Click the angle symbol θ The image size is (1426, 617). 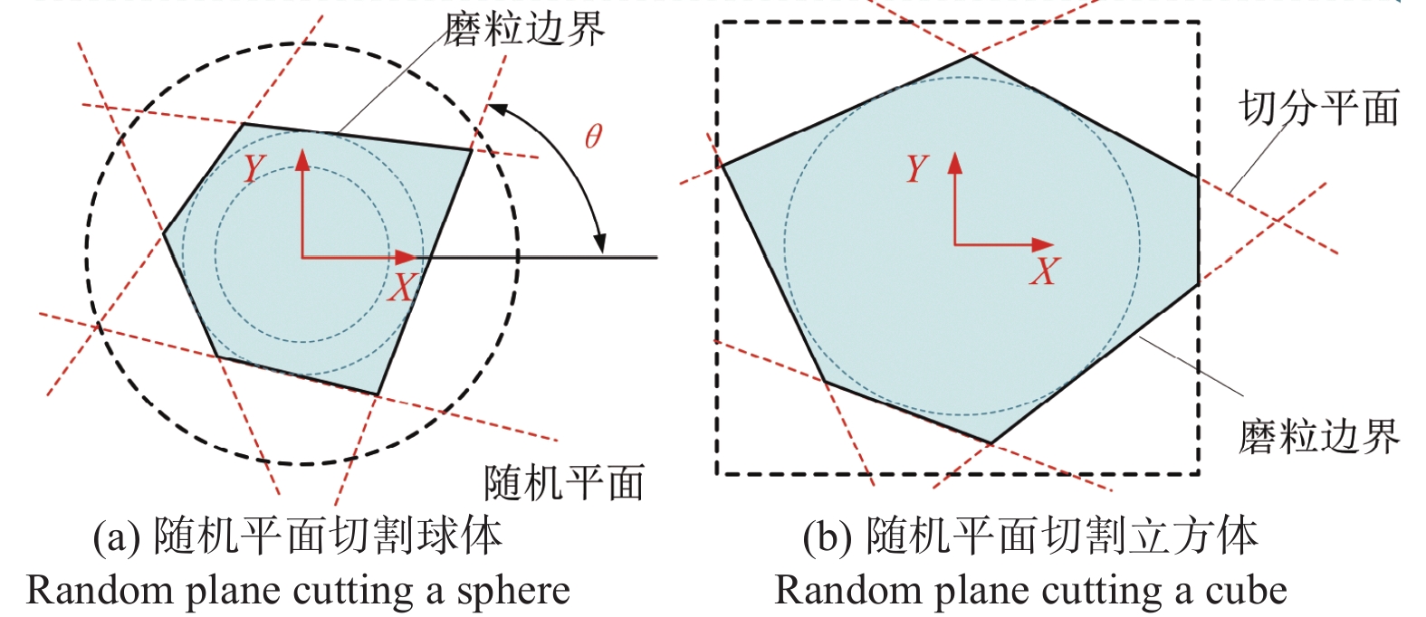point(593,137)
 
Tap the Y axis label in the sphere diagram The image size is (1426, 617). point(254,168)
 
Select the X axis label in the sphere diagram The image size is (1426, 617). point(401,288)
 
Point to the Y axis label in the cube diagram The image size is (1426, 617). point(917,168)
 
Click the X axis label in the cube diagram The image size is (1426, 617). point(1043,271)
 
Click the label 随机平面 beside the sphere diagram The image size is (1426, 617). point(563,482)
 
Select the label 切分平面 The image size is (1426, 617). point(1318,109)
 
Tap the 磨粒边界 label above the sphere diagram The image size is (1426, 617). point(523,30)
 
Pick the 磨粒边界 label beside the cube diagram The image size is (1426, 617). point(1318,437)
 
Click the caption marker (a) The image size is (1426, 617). point(117,536)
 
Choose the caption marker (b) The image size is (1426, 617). point(828,536)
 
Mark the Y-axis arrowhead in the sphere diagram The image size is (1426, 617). point(302,160)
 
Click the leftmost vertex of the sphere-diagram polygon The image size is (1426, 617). point(164,234)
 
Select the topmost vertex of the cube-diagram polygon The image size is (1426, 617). point(971,55)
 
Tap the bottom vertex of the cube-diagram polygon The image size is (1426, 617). point(991,443)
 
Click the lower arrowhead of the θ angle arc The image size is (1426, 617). point(599,243)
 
